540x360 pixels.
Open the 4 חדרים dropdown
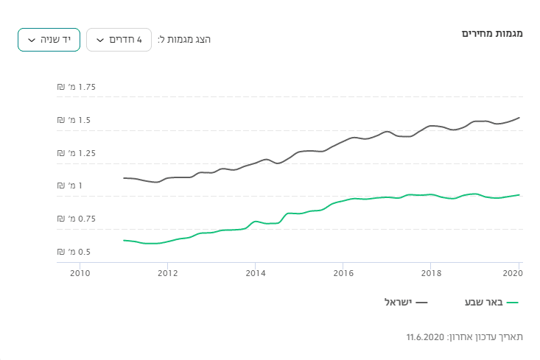coord(119,40)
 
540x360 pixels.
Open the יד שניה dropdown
coord(49,40)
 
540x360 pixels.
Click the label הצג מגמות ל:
coord(184,40)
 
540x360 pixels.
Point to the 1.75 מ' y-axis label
coord(77,87)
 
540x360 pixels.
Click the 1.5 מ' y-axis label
coord(77,120)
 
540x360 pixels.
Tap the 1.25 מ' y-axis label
coord(77,153)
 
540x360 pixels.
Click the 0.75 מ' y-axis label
coord(77,219)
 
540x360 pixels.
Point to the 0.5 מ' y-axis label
coord(77,252)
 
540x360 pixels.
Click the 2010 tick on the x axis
coord(80,272)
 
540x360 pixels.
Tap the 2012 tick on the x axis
coord(167,272)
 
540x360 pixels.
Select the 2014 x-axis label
coord(255,272)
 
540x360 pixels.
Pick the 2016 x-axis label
coord(343,272)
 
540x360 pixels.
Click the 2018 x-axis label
coord(431,272)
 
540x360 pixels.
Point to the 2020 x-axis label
coord(513,272)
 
